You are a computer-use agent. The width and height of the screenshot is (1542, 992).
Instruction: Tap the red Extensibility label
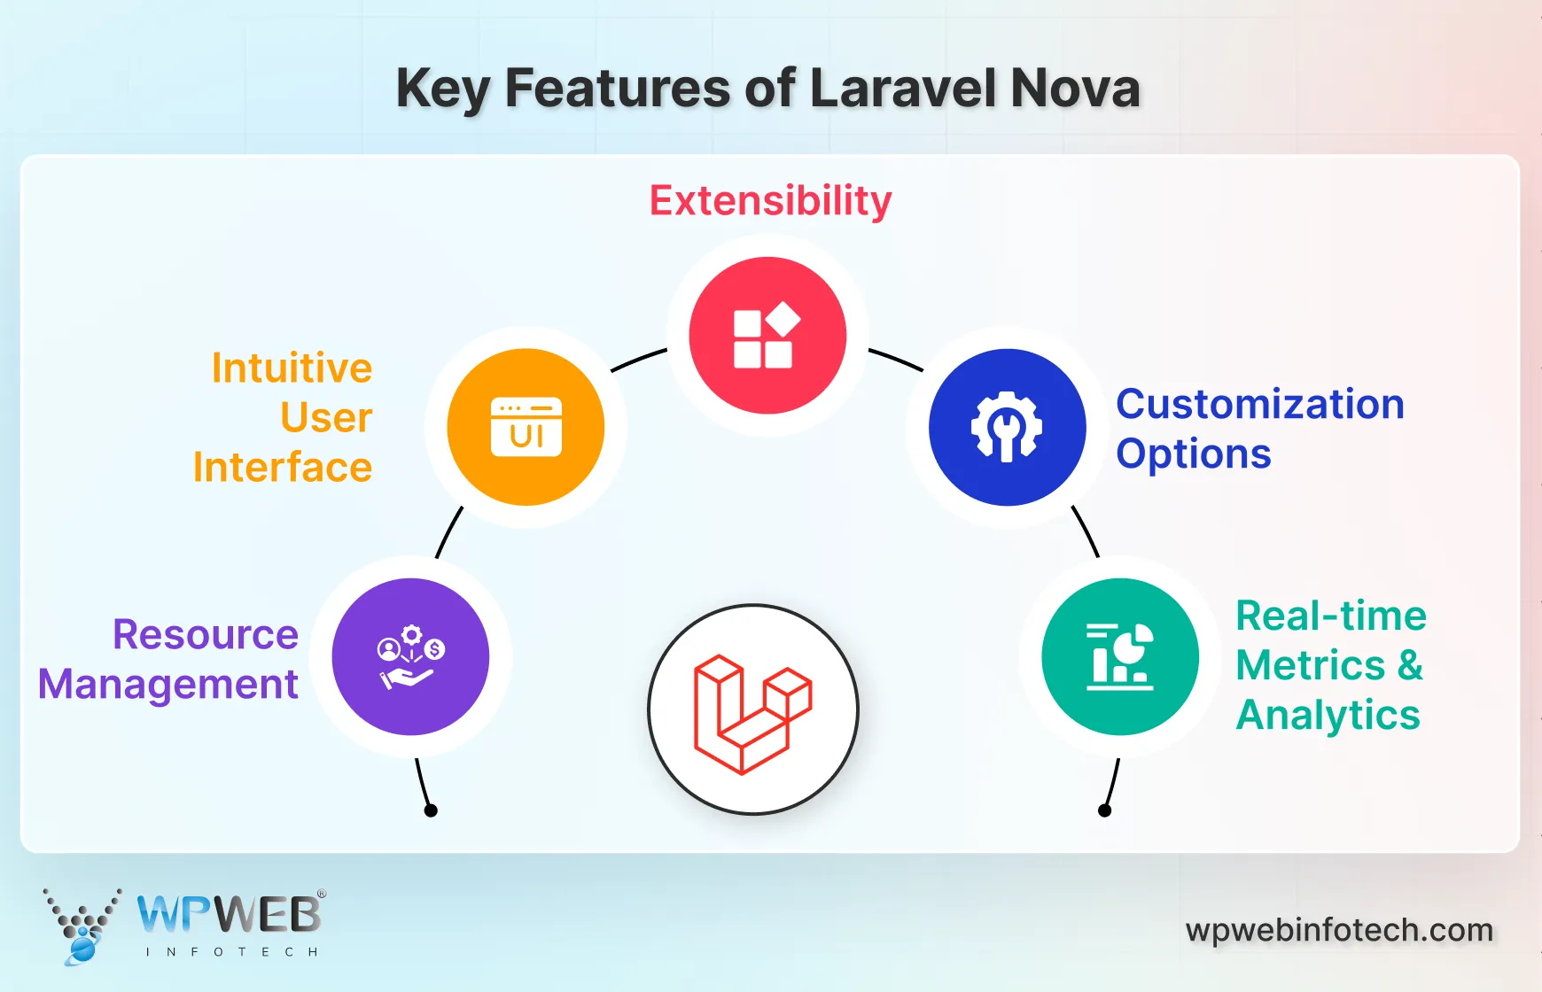770,201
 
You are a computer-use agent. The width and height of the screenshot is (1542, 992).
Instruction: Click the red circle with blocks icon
767,336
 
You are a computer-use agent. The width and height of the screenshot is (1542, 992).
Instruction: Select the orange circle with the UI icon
526,427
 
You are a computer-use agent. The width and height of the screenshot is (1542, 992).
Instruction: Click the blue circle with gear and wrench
1007,427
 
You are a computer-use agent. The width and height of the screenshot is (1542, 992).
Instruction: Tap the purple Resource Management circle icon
410,656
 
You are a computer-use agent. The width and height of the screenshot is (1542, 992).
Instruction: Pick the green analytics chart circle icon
1120,656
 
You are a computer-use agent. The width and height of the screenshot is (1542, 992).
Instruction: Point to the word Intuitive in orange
292,368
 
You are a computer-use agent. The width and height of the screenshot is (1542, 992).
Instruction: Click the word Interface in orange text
283,468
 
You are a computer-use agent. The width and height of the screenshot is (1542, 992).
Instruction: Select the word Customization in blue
1259,405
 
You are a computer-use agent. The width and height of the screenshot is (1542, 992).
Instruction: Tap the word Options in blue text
1193,454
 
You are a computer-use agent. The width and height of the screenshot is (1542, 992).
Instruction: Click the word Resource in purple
206,635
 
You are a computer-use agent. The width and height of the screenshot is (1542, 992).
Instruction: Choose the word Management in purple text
168,685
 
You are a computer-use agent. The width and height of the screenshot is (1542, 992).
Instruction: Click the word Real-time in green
1330,616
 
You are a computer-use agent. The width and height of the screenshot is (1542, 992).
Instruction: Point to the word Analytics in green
1328,716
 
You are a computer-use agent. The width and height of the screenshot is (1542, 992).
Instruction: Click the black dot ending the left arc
431,810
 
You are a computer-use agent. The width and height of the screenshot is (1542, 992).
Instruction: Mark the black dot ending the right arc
1104,810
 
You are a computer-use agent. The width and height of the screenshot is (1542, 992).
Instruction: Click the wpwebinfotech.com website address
1338,931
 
